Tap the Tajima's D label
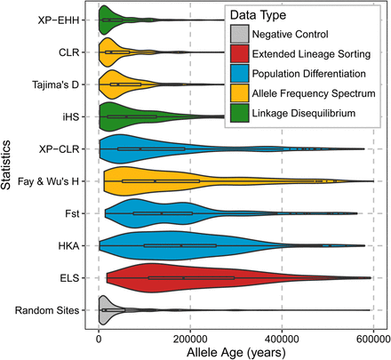point(62,84)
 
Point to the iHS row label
point(78,116)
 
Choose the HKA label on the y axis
point(76,245)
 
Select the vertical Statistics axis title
point(8,164)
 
